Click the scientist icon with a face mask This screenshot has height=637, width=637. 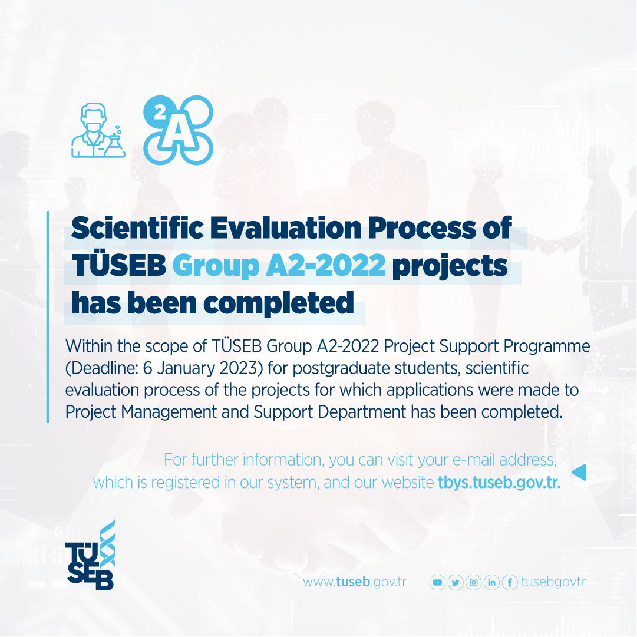pyautogui.click(x=98, y=130)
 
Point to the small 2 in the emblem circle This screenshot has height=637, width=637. pyautogui.click(x=160, y=112)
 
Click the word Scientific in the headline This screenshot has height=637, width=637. pyautogui.click(x=137, y=227)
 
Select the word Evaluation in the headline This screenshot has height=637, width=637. pyautogui.click(x=286, y=227)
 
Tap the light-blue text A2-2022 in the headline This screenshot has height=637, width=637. pyautogui.click(x=326, y=265)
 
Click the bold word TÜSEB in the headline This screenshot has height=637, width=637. pyautogui.click(x=118, y=264)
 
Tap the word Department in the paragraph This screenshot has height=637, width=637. pyautogui.click(x=362, y=412)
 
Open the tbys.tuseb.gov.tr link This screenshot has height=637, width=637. pyautogui.click(x=499, y=483)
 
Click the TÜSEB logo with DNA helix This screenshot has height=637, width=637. pyautogui.click(x=90, y=555)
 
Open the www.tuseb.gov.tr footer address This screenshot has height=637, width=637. pyautogui.click(x=354, y=582)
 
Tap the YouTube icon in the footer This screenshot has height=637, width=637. pyautogui.click(x=437, y=583)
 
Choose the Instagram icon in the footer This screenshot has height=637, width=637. pyautogui.click(x=473, y=583)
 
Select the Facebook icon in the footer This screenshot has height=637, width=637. pyautogui.click(x=510, y=583)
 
